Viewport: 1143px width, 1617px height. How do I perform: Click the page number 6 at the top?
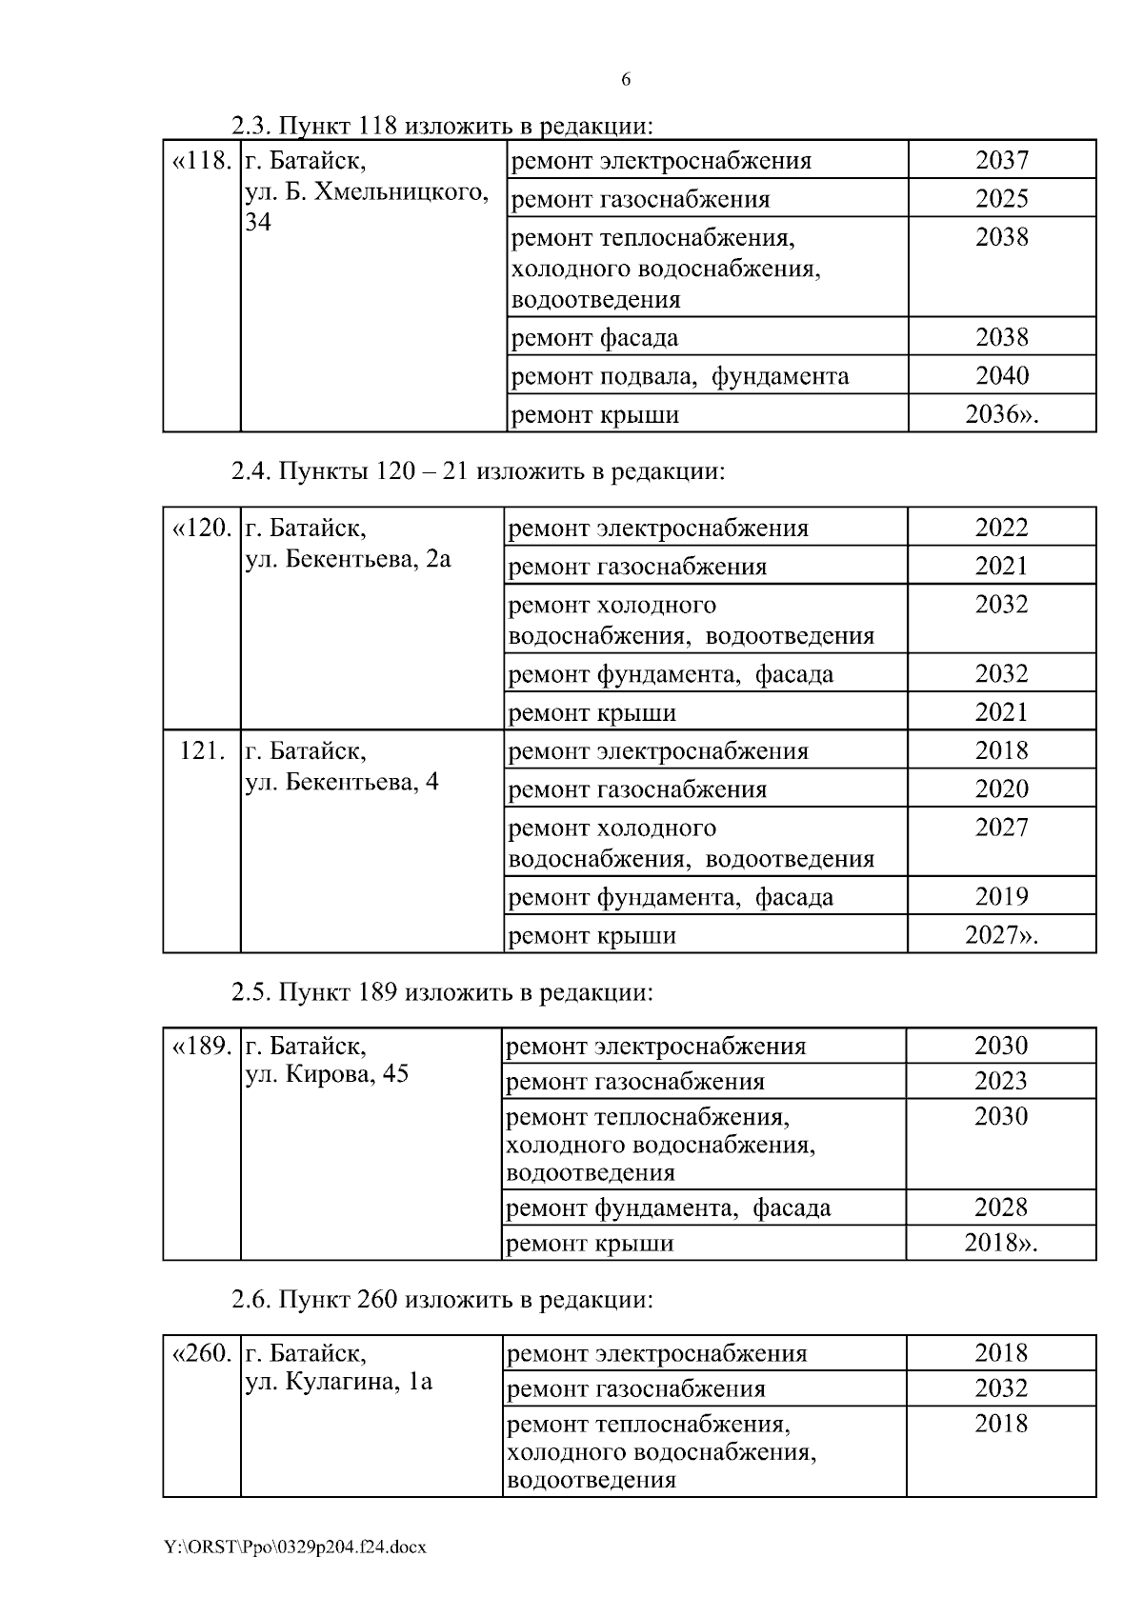pyautogui.click(x=626, y=80)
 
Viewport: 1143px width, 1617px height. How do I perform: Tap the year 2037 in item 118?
pyautogui.click(x=1001, y=160)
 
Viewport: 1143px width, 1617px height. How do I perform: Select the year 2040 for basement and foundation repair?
pyautogui.click(x=1001, y=375)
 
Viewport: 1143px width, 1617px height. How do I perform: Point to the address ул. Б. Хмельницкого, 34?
pyautogui.click(x=367, y=207)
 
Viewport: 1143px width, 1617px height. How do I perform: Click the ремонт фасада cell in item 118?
pyautogui.click(x=594, y=337)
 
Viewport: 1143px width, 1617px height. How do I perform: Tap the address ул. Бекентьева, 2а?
pyautogui.click(x=348, y=559)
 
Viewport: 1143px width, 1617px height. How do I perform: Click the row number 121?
pyautogui.click(x=202, y=750)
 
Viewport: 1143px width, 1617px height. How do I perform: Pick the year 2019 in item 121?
pyautogui.click(x=1001, y=896)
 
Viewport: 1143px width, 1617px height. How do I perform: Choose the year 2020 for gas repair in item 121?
pyautogui.click(x=1001, y=789)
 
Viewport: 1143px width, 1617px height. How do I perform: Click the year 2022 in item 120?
pyautogui.click(x=1001, y=528)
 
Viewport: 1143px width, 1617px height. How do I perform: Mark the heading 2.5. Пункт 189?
pyautogui.click(x=442, y=992)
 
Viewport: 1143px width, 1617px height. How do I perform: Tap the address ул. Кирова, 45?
pyautogui.click(x=327, y=1074)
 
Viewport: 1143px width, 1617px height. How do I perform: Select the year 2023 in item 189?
pyautogui.click(x=1000, y=1081)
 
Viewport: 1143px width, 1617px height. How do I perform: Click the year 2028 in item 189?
pyautogui.click(x=1000, y=1208)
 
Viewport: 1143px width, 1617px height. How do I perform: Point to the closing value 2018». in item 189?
pyautogui.click(x=1000, y=1243)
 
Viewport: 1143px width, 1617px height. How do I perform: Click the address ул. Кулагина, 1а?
pyautogui.click(x=338, y=1382)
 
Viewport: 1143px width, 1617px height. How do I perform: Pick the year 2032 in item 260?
pyautogui.click(x=1000, y=1388)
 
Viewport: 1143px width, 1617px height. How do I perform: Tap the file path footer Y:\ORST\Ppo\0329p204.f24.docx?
pyautogui.click(x=295, y=1547)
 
